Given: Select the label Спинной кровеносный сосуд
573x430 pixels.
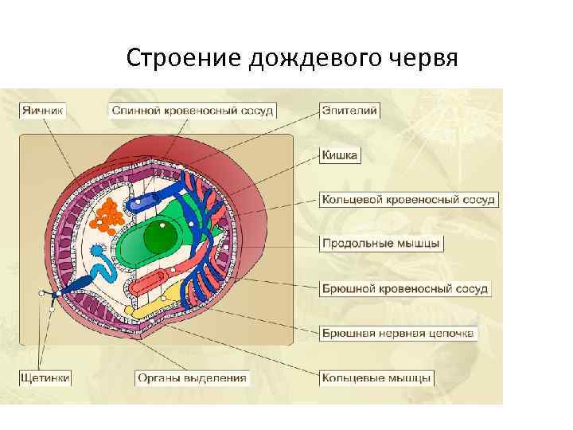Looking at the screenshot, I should (192, 111).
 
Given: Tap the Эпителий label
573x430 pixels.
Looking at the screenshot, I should (349, 111).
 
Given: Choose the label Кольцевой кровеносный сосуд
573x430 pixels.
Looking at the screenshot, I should (409, 198).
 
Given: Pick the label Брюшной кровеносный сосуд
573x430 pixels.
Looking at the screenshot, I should (404, 287).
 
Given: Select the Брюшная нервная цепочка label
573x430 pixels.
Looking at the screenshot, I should (398, 332).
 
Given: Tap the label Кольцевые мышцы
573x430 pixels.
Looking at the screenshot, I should (377, 377).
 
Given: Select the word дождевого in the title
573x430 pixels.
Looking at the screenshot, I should (290, 59).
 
